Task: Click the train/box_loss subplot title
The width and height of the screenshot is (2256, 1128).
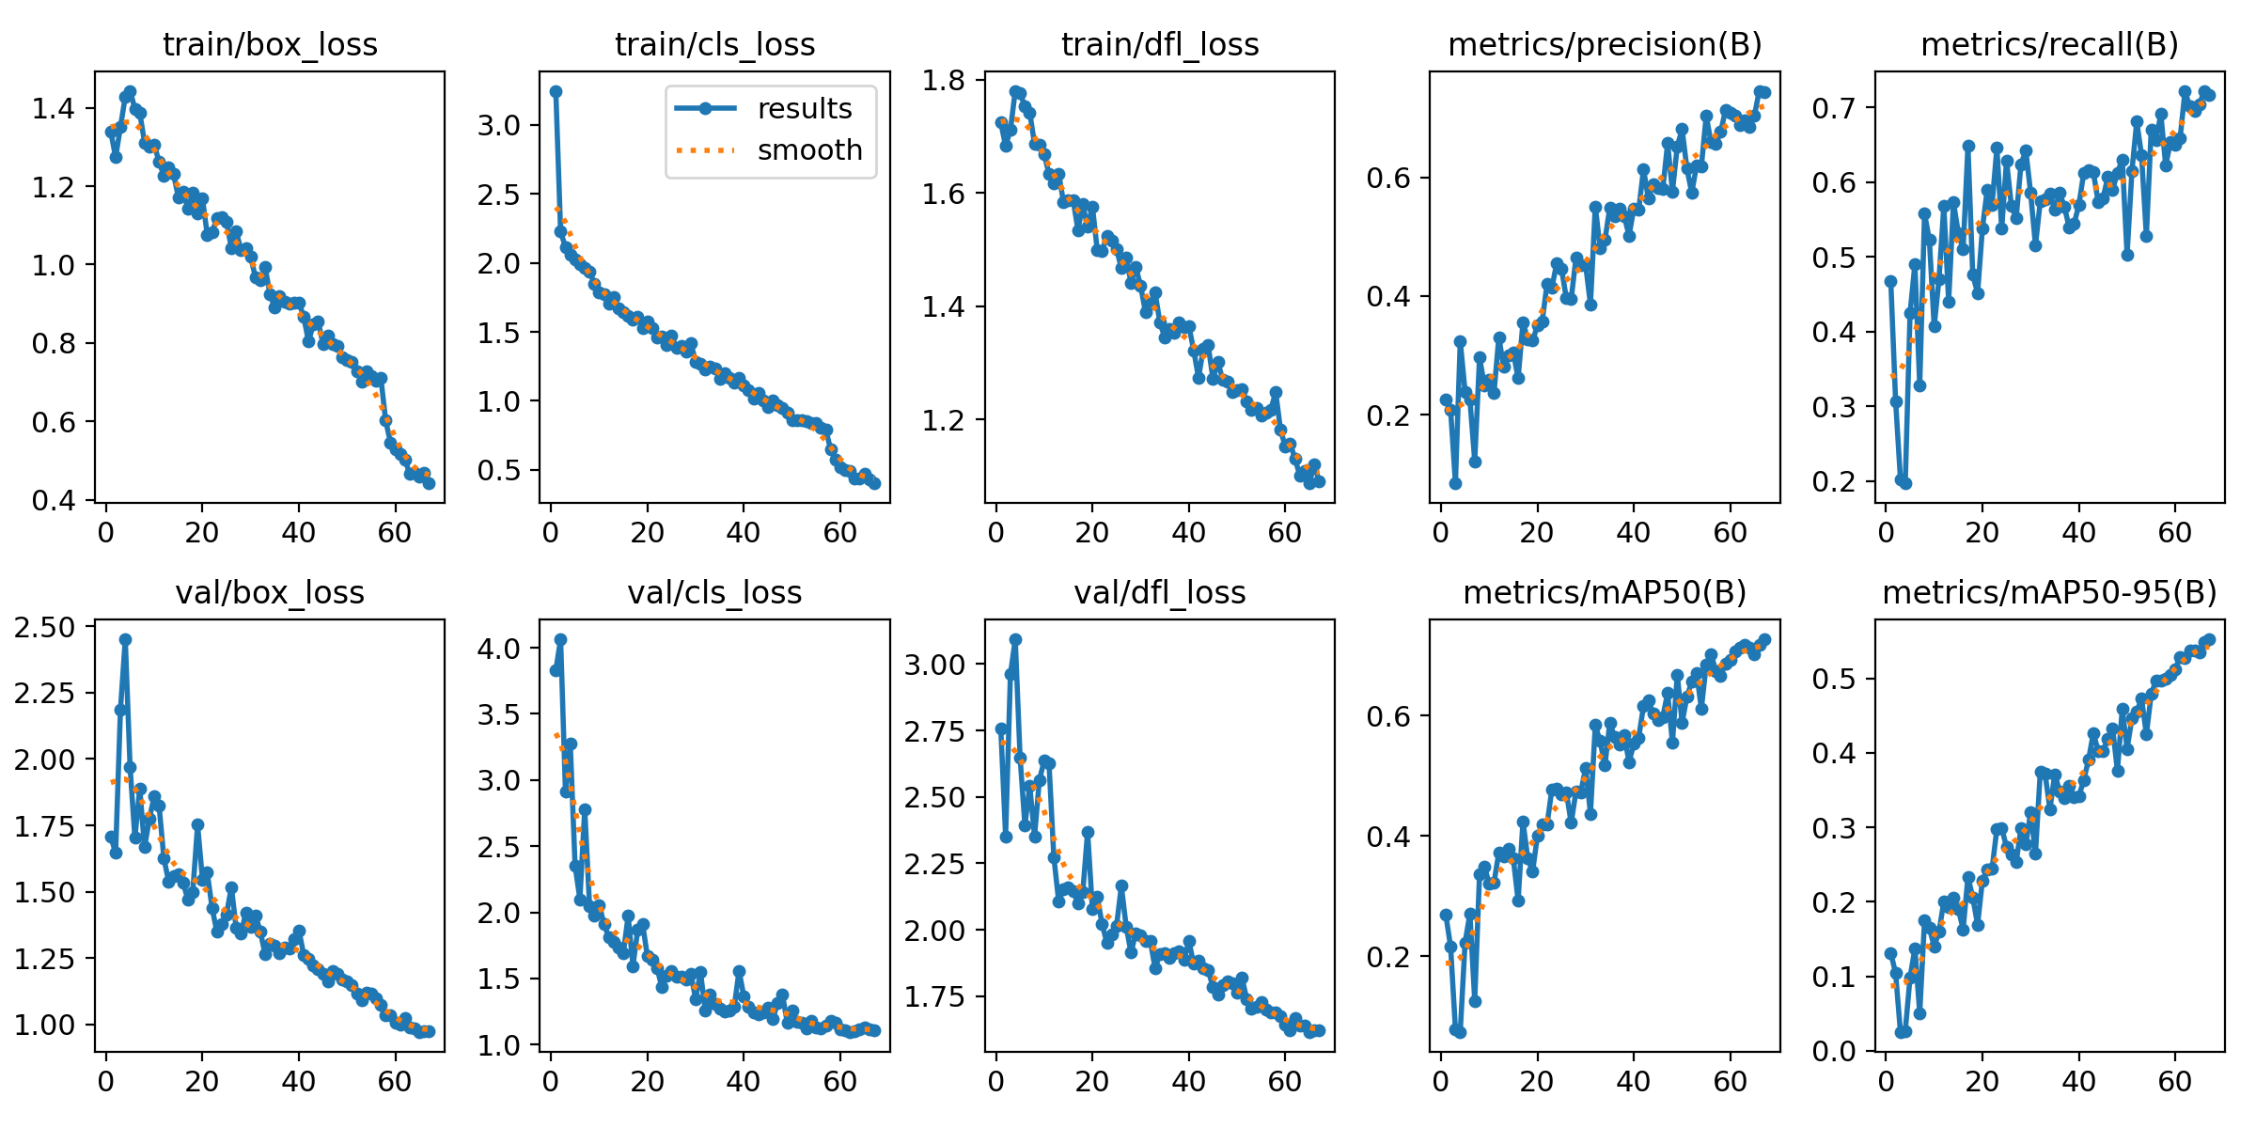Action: tap(270, 45)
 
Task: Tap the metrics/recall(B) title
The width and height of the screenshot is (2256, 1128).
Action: tap(2049, 45)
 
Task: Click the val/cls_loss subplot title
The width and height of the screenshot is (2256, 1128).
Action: tap(714, 593)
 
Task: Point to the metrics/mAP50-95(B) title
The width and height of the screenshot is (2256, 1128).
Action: tap(2049, 593)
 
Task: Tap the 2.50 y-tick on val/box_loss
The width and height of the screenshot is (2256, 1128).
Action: tap(45, 627)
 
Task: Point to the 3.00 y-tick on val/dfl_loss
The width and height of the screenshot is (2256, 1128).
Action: tap(934, 665)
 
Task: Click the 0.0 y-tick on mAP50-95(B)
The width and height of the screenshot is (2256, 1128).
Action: tap(1834, 1051)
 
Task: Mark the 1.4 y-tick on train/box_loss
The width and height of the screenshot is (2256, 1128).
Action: tap(54, 108)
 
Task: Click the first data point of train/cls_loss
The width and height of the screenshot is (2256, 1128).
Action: tap(556, 91)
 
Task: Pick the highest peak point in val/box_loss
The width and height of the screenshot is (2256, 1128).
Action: tap(125, 639)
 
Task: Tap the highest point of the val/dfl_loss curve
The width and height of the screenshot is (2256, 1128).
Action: tap(1015, 639)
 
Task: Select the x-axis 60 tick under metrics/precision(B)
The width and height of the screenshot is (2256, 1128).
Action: tap(1730, 533)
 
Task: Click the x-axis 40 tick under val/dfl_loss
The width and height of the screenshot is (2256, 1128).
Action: tap(1188, 1081)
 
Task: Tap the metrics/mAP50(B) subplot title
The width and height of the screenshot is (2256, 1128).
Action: tap(1605, 593)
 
